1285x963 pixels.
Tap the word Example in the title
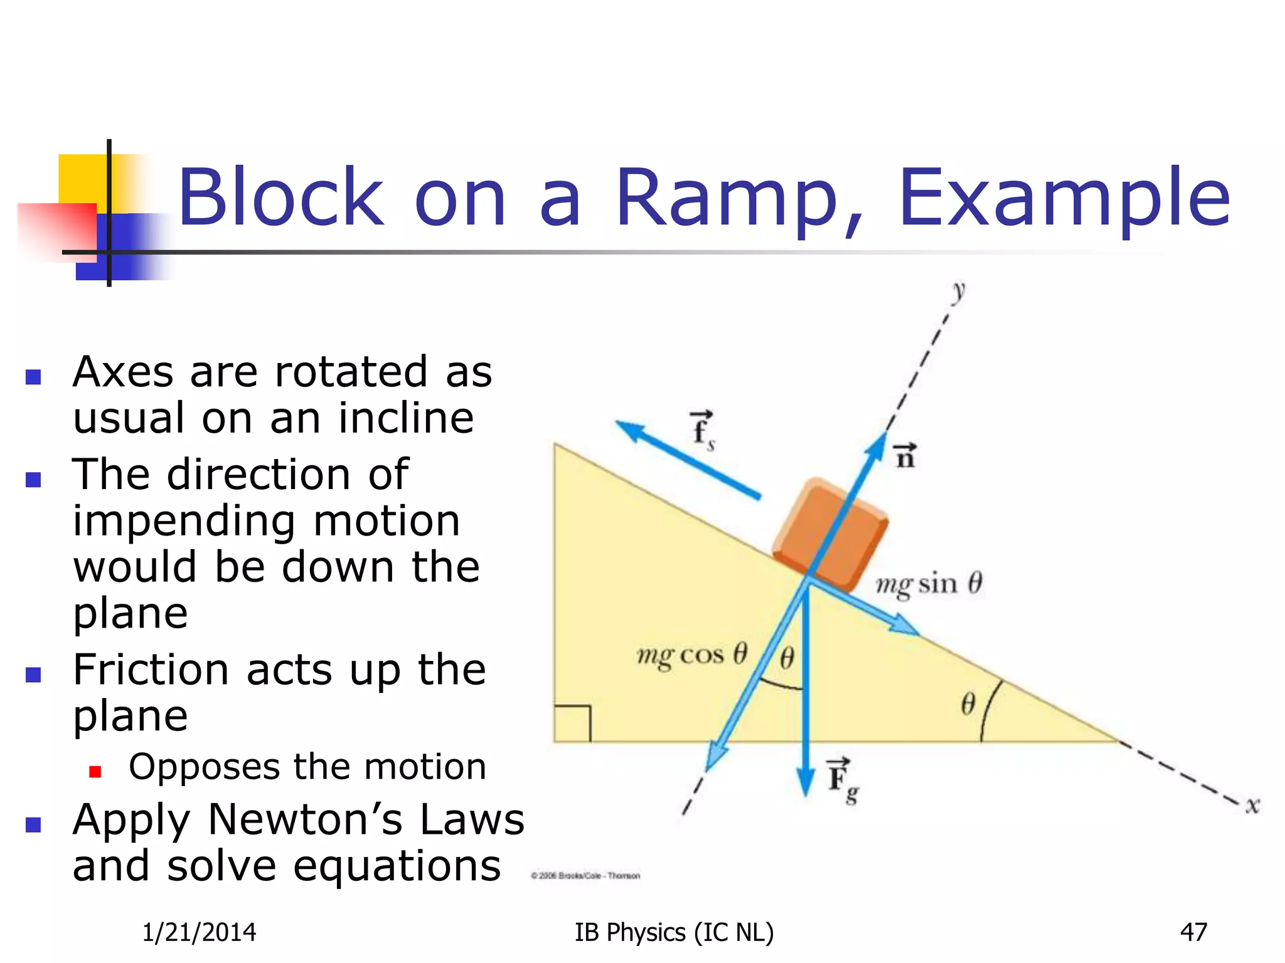[1064, 199]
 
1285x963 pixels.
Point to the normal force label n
[905, 456]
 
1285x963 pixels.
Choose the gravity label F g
[843, 781]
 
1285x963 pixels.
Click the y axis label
[958, 292]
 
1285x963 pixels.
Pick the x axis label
[1252, 805]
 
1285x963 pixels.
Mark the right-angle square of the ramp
[572, 724]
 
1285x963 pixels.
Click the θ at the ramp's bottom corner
[968, 704]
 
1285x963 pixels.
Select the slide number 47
[1193, 932]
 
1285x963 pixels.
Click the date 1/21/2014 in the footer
[199, 932]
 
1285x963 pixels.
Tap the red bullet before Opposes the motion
[95, 771]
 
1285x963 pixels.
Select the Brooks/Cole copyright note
[585, 876]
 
